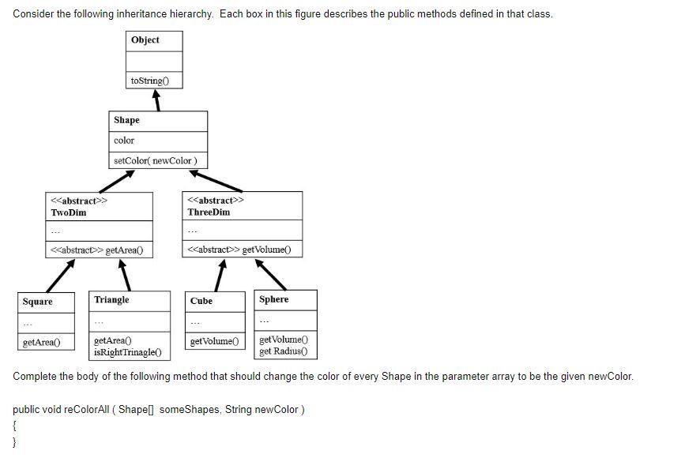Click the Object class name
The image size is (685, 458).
click(145, 40)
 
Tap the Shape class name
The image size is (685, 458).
click(126, 120)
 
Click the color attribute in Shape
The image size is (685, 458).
click(124, 141)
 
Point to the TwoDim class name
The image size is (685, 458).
click(69, 212)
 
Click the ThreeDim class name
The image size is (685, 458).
click(209, 212)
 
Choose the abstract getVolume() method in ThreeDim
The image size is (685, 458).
click(239, 250)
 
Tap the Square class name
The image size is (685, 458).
click(38, 302)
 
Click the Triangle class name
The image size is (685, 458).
click(111, 300)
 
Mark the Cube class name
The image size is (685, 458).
click(201, 301)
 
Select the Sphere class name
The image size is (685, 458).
click(273, 299)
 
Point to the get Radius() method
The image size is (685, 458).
click(283, 351)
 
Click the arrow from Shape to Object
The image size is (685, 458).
click(157, 100)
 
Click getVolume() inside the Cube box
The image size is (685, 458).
click(213, 341)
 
